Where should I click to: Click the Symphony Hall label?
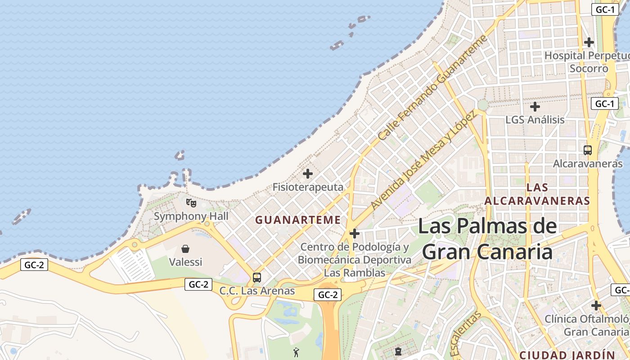coord(191,216)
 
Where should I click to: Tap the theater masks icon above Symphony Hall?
coord(191,203)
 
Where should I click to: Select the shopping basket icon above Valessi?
coord(185,249)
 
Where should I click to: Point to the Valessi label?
coord(185,261)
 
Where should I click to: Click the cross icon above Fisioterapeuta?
coord(308,174)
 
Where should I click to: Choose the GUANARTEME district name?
coord(298,220)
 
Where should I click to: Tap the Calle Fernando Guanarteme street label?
coord(432,88)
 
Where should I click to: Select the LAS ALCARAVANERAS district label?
coord(537,194)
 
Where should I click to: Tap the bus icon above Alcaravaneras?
coord(588,150)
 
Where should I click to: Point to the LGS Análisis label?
coord(535,120)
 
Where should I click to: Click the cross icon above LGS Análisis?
coord(535,107)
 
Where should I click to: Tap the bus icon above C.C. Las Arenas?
coord(257,278)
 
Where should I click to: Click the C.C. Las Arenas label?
coord(257,291)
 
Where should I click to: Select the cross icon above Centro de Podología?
coord(355,234)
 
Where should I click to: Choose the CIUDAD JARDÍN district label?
coord(567,355)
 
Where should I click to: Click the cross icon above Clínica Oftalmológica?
coord(596,306)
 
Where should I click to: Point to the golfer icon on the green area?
coord(296,352)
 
